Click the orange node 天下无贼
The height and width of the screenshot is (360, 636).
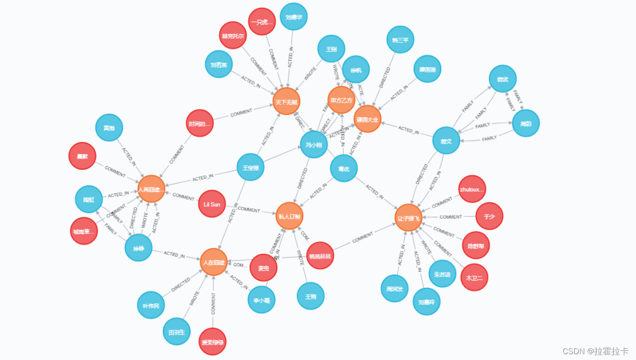tap(286, 102)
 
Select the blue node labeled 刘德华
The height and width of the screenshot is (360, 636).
tap(293, 17)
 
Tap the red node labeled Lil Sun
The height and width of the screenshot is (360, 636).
tap(212, 204)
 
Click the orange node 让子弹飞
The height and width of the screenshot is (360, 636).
tap(408, 218)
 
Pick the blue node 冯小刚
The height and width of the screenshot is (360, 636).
tap(314, 144)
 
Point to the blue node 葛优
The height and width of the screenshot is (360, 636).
tap(344, 169)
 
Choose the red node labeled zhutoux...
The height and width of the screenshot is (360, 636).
tap(472, 189)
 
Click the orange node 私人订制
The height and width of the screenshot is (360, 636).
tap(289, 215)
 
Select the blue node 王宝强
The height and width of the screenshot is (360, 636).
tap(250, 168)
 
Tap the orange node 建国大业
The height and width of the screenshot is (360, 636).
tap(368, 119)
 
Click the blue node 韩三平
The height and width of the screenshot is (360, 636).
tap(400, 40)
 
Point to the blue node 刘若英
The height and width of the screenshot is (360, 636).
tap(219, 65)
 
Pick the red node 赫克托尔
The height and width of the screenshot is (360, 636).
tap(233, 36)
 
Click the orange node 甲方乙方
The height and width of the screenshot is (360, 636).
tap(341, 100)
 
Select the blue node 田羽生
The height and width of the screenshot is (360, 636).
tap(176, 332)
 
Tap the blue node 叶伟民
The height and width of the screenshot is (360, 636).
tap(151, 305)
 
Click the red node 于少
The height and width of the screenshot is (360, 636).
tap(489, 216)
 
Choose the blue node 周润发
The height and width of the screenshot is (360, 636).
tap(394, 289)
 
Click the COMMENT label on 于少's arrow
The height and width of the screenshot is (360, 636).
tap(451, 217)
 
